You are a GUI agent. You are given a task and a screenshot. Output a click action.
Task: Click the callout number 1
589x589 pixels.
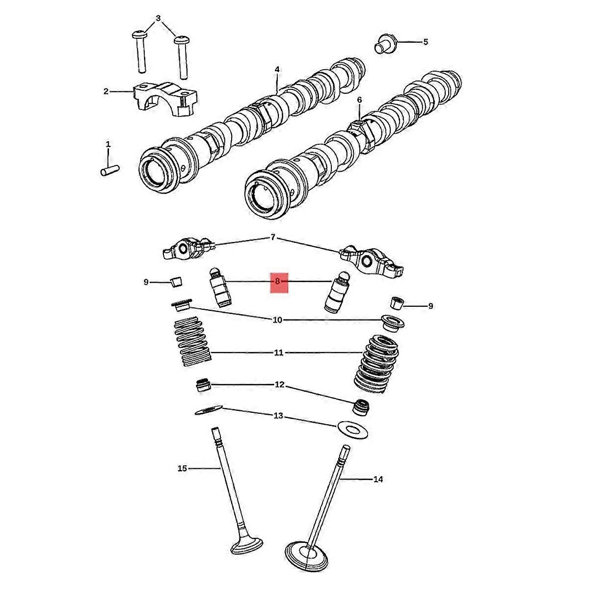pyautogui.click(x=108, y=144)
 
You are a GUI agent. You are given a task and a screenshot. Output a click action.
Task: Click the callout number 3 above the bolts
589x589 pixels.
pyautogui.click(x=158, y=19)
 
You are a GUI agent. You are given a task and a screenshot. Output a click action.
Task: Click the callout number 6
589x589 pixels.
pyautogui.click(x=359, y=100)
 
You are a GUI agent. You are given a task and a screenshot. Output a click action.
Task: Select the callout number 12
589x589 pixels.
pyautogui.click(x=279, y=384)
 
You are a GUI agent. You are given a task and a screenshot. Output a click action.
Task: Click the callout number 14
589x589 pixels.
pyautogui.click(x=378, y=479)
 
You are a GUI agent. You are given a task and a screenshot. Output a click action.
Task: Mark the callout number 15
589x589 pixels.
pyautogui.click(x=182, y=469)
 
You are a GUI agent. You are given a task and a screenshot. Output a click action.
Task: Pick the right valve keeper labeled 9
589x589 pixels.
pyautogui.click(x=397, y=303)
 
